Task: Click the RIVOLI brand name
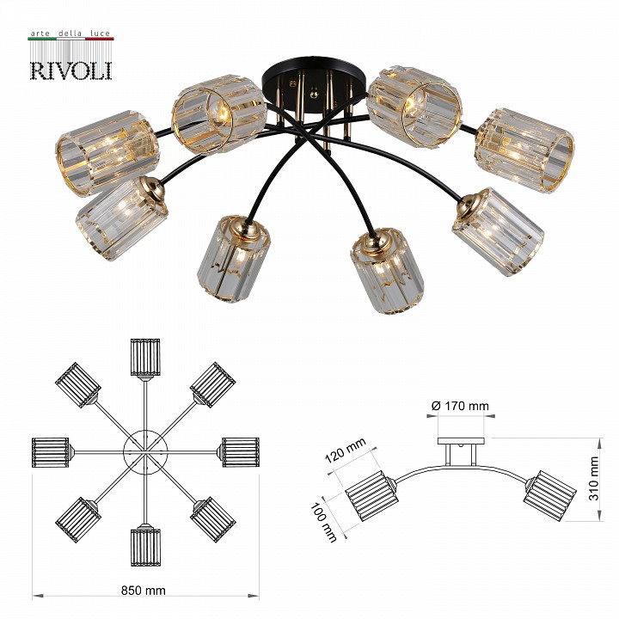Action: (x=70, y=68)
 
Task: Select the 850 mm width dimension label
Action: (x=144, y=591)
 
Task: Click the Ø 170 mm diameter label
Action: (x=460, y=405)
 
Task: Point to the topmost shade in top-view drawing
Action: (x=145, y=357)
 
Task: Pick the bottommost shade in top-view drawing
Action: (x=145, y=545)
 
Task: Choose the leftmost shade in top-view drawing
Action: (x=51, y=452)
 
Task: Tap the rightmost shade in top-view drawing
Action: (x=240, y=451)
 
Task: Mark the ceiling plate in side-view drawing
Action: (x=461, y=441)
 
